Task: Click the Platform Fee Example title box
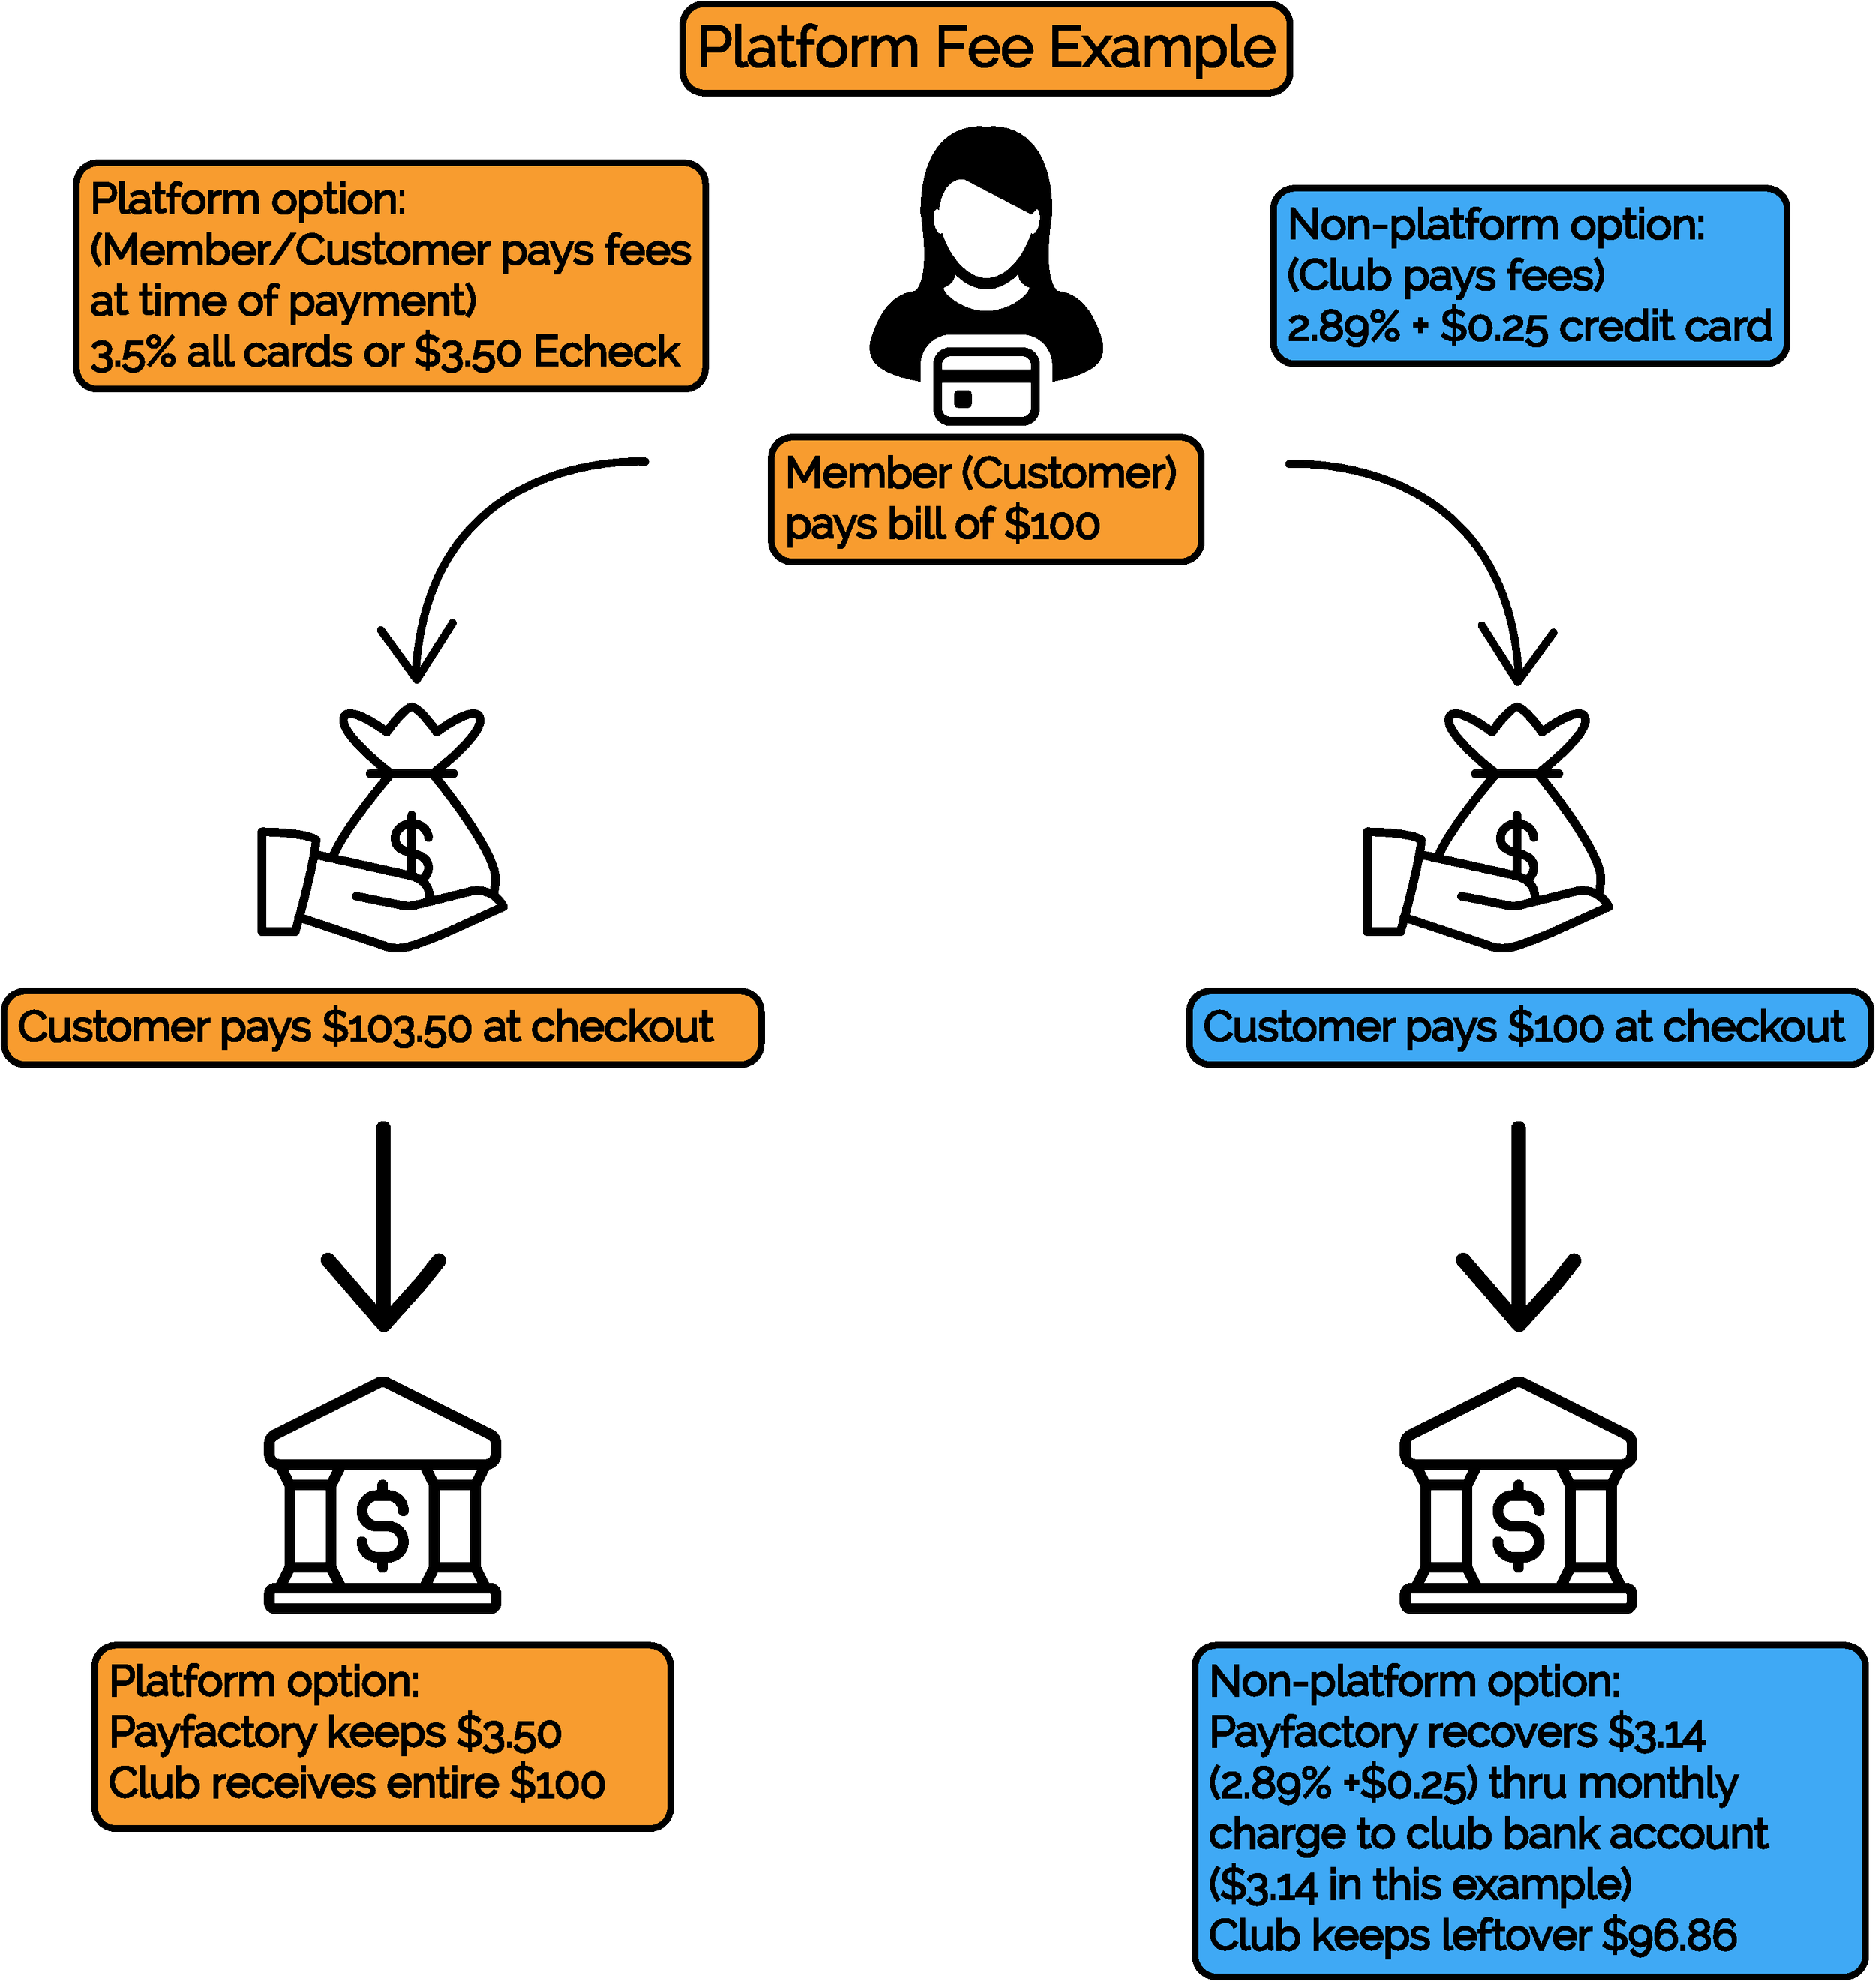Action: click(985, 49)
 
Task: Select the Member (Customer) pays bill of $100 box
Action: click(985, 499)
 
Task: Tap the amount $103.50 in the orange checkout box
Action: click(397, 1028)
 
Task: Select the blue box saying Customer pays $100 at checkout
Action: click(1523, 1028)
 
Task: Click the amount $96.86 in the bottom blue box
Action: click(1669, 1936)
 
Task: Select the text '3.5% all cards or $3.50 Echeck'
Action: click(385, 352)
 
